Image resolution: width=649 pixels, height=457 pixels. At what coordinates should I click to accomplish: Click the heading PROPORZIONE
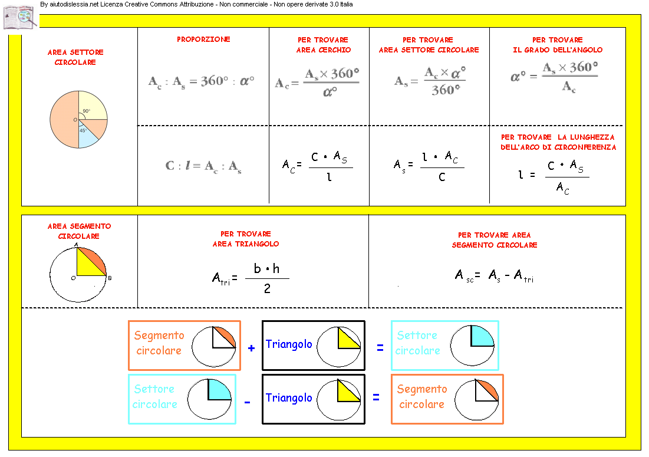tap(203, 40)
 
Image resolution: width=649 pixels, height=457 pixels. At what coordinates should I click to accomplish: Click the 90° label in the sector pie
tap(86, 111)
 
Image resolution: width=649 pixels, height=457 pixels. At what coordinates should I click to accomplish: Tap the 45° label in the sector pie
tap(83, 130)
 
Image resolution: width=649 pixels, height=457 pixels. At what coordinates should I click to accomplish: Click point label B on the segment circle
tap(110, 278)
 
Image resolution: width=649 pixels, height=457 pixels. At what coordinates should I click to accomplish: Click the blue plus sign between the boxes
tap(251, 348)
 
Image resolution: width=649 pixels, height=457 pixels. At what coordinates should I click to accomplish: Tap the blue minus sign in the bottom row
tap(248, 402)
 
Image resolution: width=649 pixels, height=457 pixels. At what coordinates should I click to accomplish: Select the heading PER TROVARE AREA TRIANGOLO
tap(246, 239)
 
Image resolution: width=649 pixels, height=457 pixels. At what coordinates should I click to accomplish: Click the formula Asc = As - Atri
tap(494, 275)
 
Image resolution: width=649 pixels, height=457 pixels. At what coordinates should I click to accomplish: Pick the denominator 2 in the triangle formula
tap(267, 289)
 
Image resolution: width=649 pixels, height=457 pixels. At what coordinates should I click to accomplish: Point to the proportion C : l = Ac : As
tap(203, 167)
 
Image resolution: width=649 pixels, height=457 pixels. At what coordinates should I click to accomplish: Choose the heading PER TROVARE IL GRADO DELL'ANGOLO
tap(557, 45)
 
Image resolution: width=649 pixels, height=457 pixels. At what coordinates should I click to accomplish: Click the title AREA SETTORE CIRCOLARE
tap(75, 57)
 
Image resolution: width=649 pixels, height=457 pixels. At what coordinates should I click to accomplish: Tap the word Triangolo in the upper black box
tap(289, 344)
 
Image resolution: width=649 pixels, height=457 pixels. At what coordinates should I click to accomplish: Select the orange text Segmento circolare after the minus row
tap(422, 397)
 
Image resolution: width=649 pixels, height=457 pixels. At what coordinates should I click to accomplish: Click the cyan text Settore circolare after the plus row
tap(417, 343)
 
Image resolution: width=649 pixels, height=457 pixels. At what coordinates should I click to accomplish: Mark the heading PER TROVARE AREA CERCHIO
tap(323, 45)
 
